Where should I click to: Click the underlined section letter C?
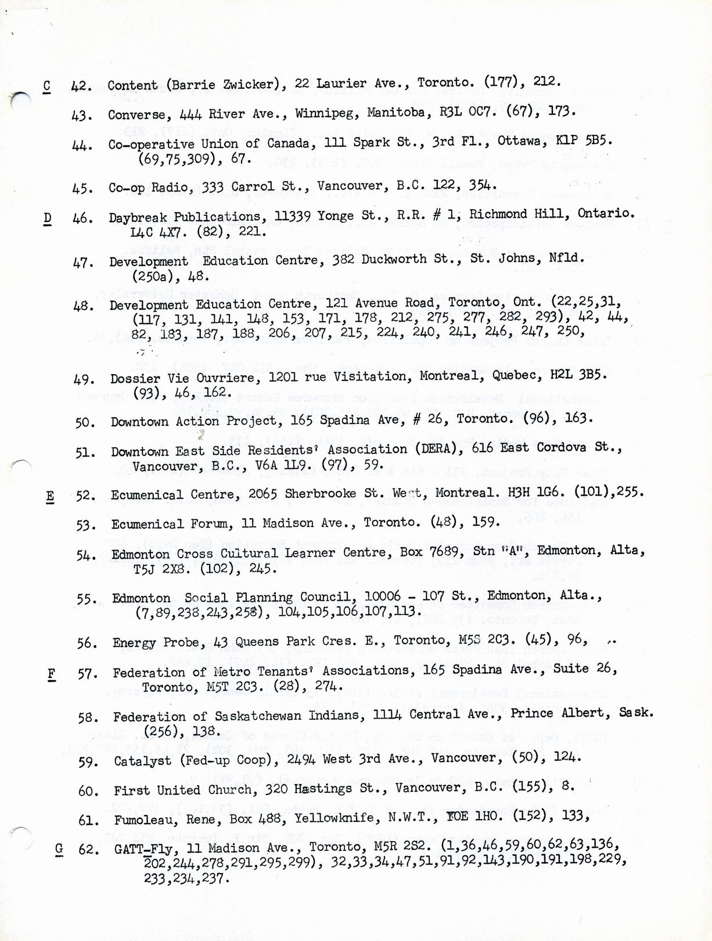(x=47, y=86)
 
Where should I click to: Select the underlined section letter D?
(x=48, y=218)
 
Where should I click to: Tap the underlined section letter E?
(x=50, y=496)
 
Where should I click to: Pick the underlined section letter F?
(x=52, y=674)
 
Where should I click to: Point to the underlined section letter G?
(x=59, y=849)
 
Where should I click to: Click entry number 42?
(x=82, y=86)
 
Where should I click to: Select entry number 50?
(x=85, y=422)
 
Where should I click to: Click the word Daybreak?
(x=138, y=217)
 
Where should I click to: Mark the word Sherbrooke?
(x=316, y=494)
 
